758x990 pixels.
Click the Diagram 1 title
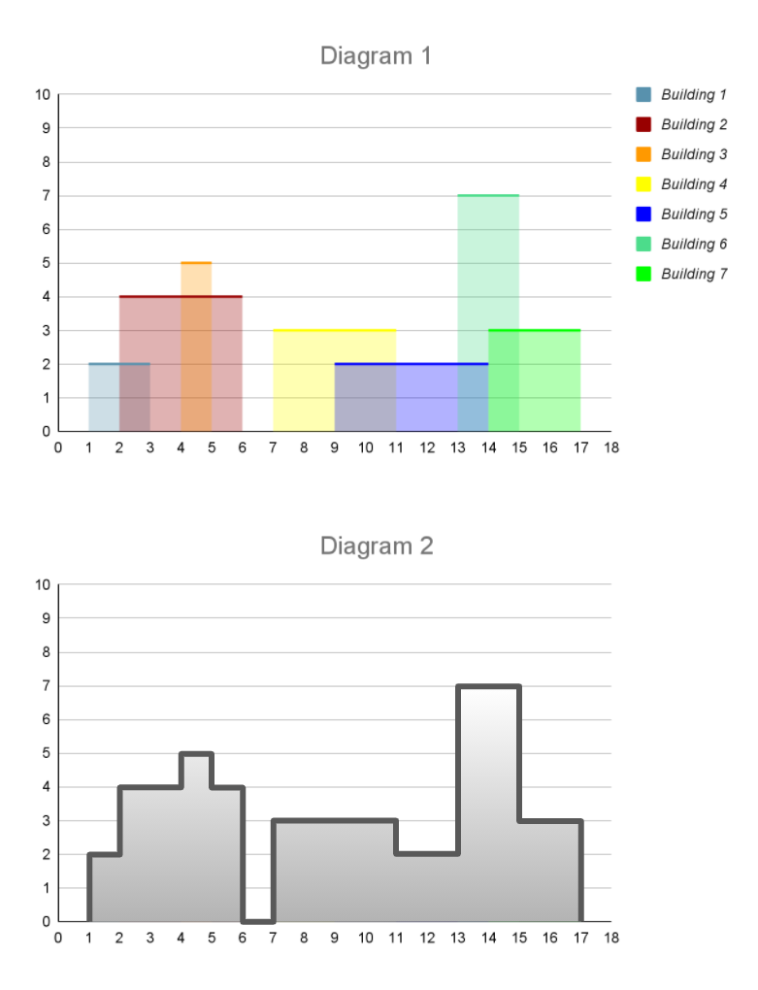tap(376, 56)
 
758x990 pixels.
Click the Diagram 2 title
tap(377, 546)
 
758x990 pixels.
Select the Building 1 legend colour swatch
tap(643, 95)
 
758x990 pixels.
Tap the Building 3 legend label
tap(694, 154)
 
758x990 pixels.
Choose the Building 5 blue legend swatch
tap(643, 214)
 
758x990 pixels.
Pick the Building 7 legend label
tap(694, 274)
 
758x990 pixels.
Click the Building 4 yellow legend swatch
tap(643, 184)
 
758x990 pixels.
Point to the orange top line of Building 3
tap(196, 263)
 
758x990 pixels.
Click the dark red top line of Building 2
tap(181, 296)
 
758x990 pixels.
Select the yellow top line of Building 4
tap(334, 330)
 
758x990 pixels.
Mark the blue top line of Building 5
tap(411, 364)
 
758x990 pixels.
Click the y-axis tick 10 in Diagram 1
tap(43, 95)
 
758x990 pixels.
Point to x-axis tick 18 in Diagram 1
tap(610, 447)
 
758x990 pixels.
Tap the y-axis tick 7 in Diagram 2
tap(46, 686)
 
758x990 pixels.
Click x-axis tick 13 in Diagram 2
tap(457, 938)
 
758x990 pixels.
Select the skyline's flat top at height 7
tap(488, 687)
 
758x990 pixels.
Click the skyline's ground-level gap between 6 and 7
tap(257, 921)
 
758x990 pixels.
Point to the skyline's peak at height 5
tap(196, 754)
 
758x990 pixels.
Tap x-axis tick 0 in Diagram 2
tap(58, 938)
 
